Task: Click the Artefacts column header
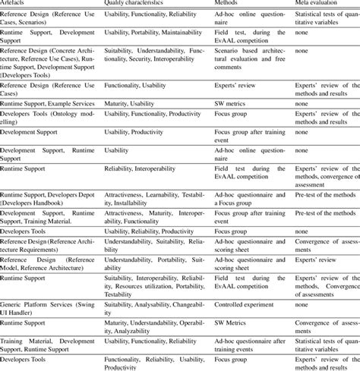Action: click(15, 3)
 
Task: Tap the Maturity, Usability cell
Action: click(130, 102)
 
